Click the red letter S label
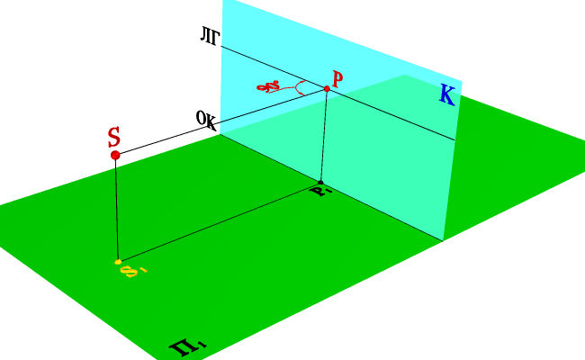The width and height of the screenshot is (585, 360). click(x=113, y=137)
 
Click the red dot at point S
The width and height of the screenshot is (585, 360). click(x=115, y=156)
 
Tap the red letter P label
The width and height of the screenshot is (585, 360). click(x=337, y=79)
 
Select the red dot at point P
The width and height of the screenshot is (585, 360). click(x=327, y=88)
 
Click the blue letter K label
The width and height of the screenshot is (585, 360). click(x=446, y=94)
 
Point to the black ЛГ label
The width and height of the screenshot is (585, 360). click(x=210, y=37)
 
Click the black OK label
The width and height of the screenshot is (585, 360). click(x=206, y=120)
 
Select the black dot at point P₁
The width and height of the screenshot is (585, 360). click(x=321, y=183)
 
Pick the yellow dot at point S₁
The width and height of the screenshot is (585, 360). click(x=118, y=262)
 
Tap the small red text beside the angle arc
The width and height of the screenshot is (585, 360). click(x=269, y=87)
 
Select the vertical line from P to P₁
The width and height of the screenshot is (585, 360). click(x=324, y=135)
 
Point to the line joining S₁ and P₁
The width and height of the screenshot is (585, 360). click(x=220, y=221)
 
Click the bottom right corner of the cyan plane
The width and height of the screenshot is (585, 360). click(x=443, y=240)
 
